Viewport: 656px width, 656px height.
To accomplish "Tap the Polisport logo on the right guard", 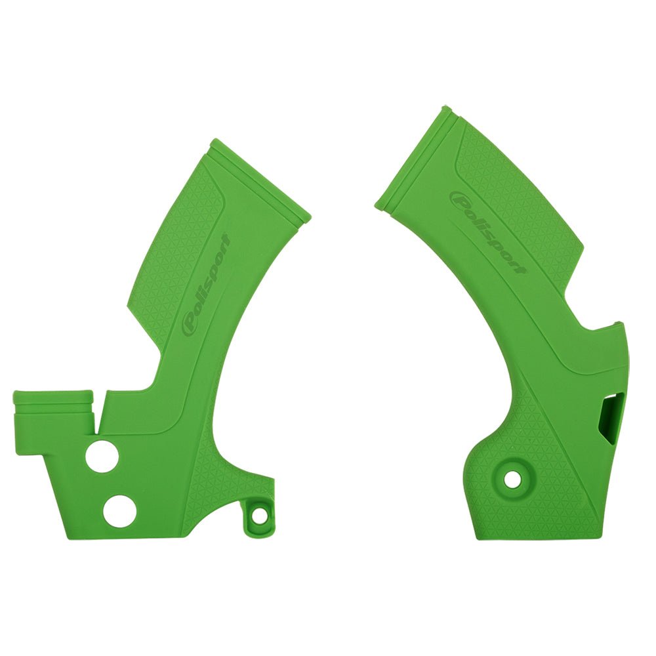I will [x=487, y=232].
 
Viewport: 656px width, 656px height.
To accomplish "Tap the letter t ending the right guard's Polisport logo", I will [x=519, y=268].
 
